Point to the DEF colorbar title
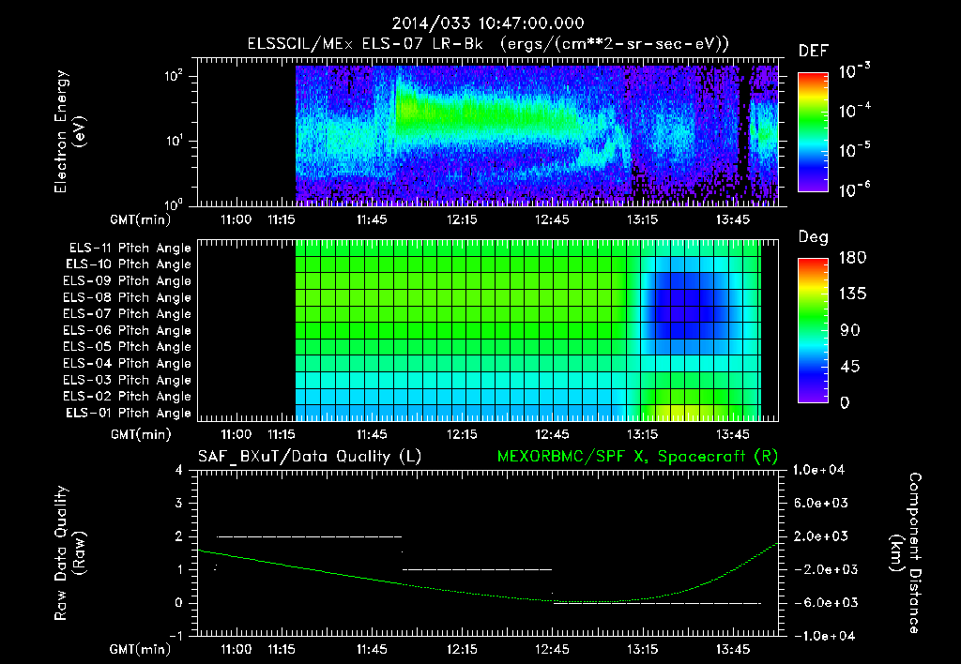point(813,51)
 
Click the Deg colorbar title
point(813,237)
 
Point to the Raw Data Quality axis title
point(69,553)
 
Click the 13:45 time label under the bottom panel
point(732,649)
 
